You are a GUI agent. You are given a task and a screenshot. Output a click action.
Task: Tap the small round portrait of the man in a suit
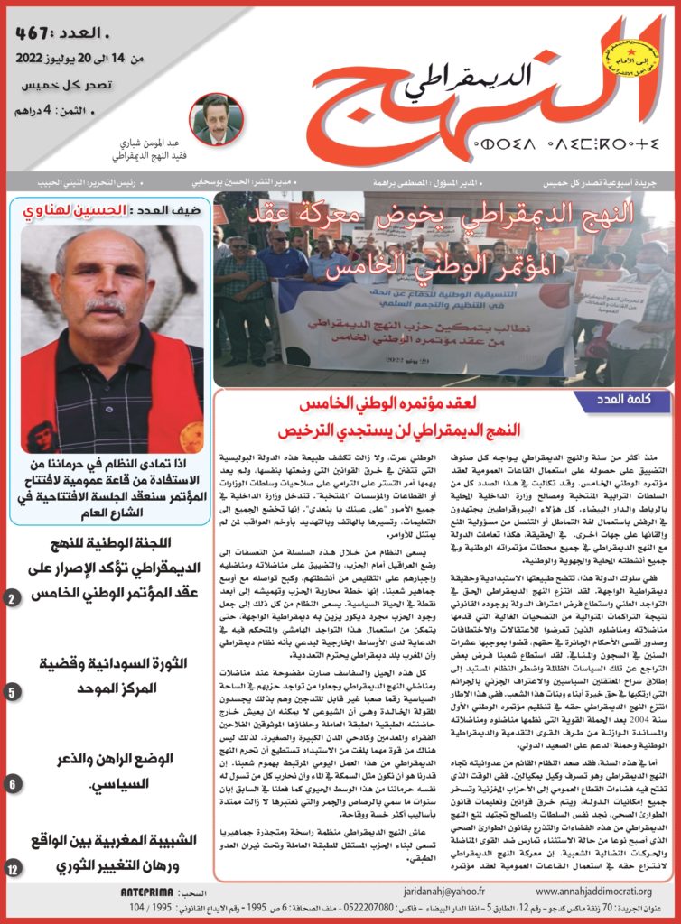(x=217, y=119)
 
